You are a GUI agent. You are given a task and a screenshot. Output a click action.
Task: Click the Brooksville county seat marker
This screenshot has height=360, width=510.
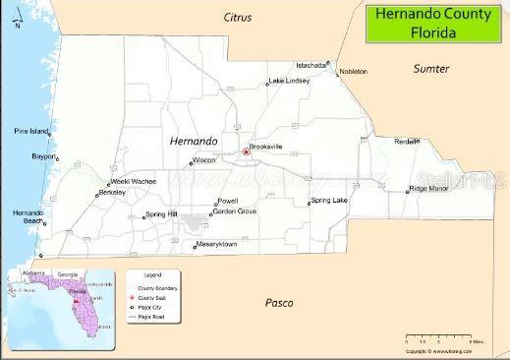[246, 152]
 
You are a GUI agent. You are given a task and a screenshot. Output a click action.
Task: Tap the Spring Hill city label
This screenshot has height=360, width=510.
[160, 213]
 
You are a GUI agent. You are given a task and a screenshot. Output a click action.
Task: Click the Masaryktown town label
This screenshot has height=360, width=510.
[217, 243]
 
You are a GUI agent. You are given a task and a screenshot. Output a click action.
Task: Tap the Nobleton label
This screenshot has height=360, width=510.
[353, 72]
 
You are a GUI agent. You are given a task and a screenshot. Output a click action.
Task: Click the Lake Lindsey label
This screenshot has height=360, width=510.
[289, 80]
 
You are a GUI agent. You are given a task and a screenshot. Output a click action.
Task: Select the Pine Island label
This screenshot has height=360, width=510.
[30, 131]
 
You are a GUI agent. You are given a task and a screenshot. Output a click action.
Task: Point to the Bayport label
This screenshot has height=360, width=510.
[44, 155]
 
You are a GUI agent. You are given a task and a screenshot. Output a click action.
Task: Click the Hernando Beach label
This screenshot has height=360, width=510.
[28, 216]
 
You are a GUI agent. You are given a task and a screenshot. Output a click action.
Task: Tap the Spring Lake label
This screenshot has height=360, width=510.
[329, 200]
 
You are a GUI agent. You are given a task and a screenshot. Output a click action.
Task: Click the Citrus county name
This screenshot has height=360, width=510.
[238, 18]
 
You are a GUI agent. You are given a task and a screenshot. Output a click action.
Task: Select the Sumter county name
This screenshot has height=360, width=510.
[430, 69]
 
